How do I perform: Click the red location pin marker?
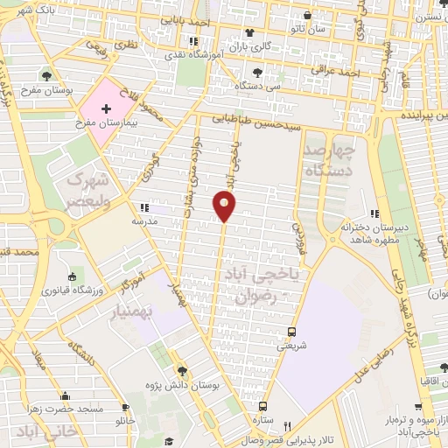pyautogui.click(x=225, y=206)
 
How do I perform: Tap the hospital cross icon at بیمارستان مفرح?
pyautogui.click(x=107, y=109)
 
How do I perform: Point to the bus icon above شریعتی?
pyautogui.click(x=292, y=332)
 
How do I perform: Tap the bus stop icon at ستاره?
pyautogui.click(x=262, y=407)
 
